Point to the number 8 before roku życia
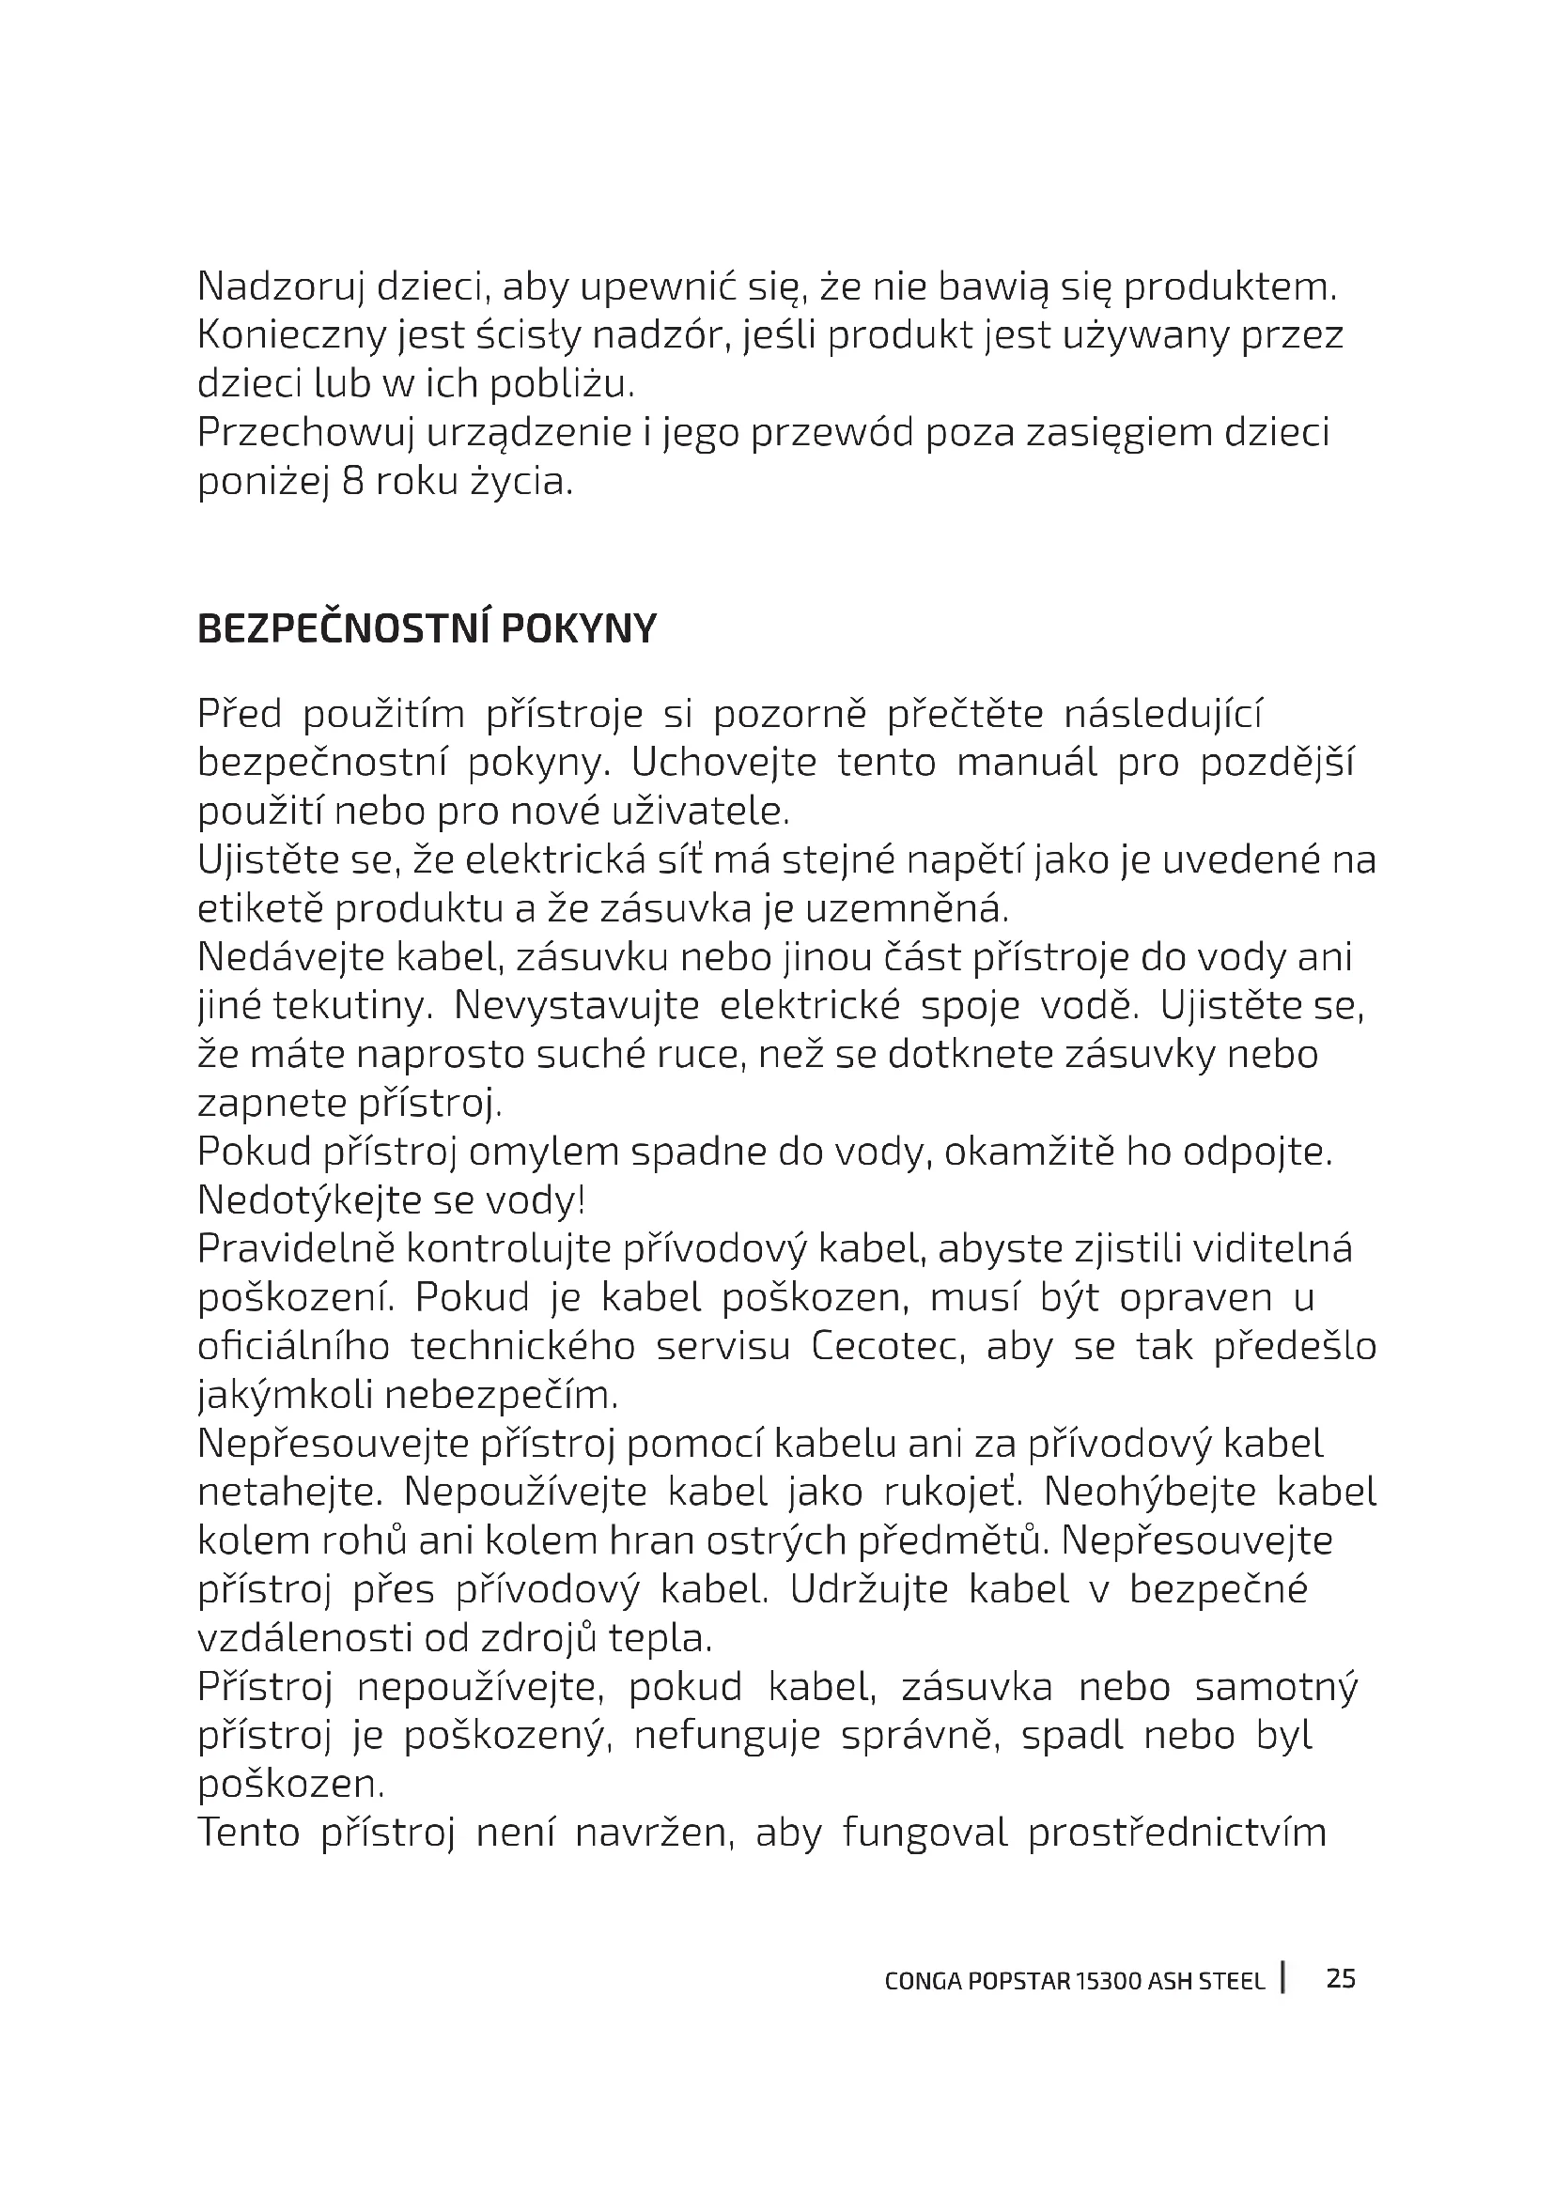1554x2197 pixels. [352, 481]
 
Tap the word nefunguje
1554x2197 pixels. [726, 1735]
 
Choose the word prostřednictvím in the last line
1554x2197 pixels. [1177, 1833]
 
